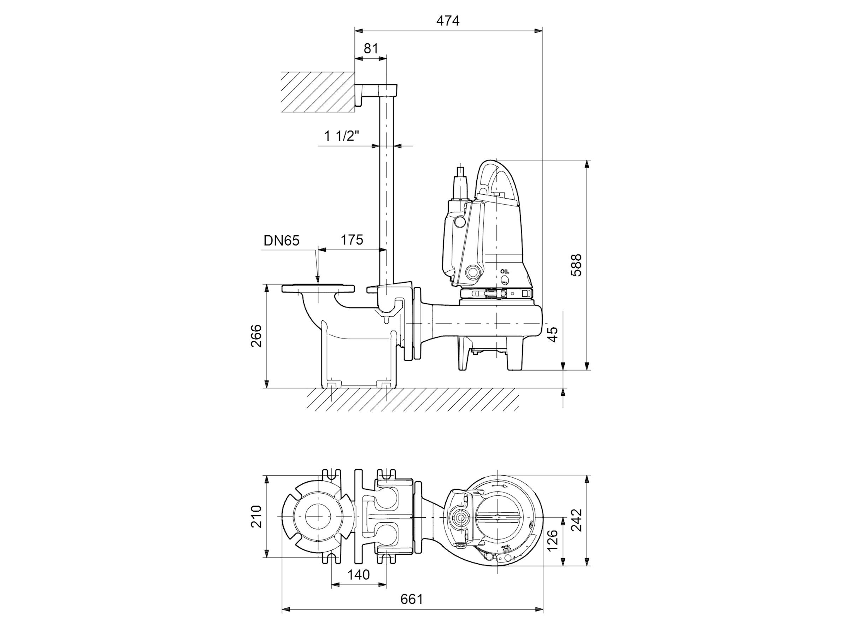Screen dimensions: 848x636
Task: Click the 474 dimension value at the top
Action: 447,20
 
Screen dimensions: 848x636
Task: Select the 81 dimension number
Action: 371,48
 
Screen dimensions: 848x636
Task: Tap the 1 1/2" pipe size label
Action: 342,136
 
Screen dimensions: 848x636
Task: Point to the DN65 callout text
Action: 281,240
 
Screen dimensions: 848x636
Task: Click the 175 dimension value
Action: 352,240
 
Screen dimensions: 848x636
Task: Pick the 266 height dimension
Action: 256,336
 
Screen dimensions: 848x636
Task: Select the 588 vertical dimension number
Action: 576,265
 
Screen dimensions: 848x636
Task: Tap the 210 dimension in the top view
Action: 256,516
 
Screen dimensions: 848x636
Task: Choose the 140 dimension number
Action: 358,575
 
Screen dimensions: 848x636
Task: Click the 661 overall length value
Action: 412,599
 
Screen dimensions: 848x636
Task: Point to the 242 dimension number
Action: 576,520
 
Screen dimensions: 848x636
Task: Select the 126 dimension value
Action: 552,540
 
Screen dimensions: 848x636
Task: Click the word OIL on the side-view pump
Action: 505,271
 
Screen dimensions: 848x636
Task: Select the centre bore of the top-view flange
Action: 318,516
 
